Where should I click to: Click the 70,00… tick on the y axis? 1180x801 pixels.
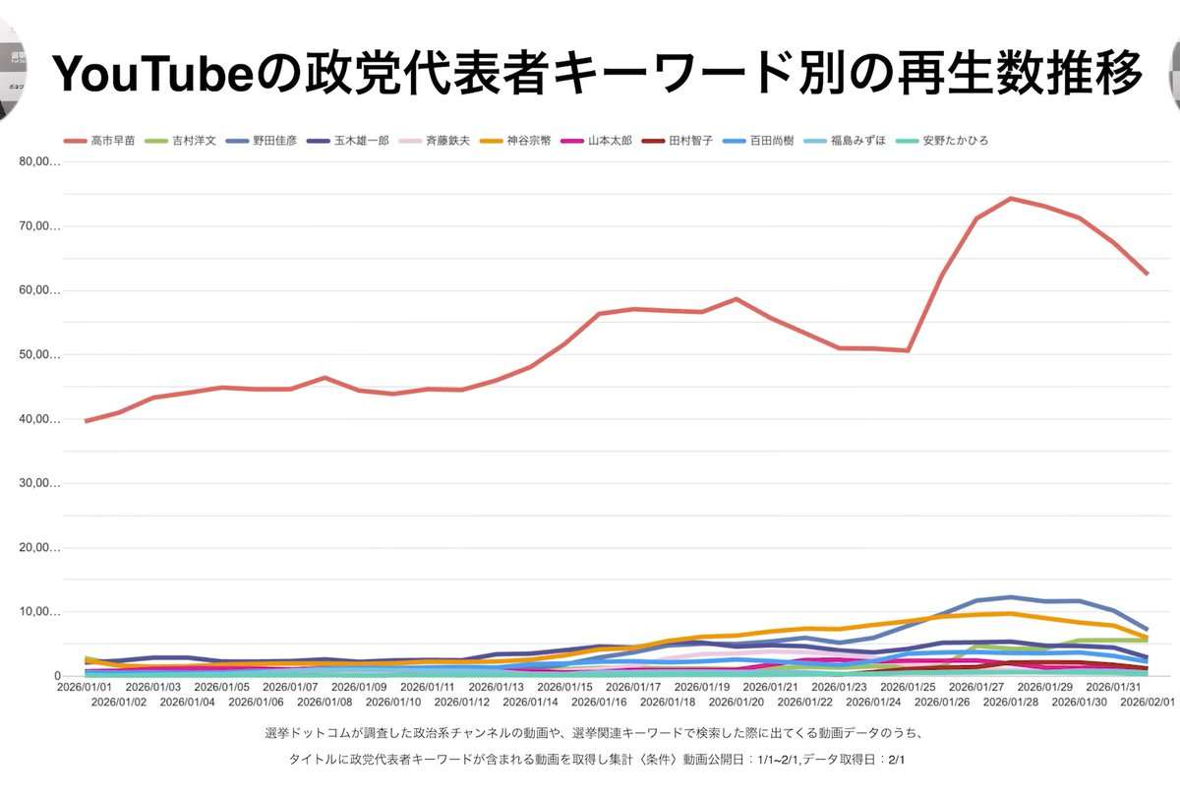(40, 226)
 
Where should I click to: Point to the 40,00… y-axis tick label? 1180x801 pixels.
(40, 419)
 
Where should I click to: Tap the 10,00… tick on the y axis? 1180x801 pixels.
(40, 612)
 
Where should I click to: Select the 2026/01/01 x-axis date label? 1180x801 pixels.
(85, 687)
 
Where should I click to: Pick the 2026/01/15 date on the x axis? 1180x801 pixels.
(565, 687)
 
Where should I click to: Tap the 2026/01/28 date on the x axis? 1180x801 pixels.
(1011, 702)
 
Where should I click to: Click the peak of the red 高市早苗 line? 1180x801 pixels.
(1010, 199)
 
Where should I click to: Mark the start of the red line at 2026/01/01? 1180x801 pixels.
(87, 421)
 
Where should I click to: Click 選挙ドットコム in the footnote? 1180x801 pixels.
(314, 734)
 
